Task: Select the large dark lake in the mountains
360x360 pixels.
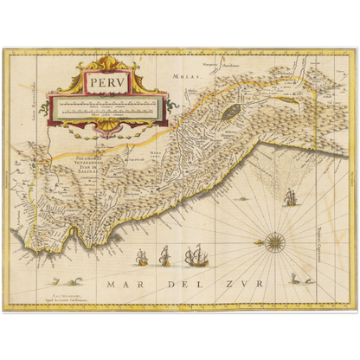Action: pyautogui.click(x=229, y=112)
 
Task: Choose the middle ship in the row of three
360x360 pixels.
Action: pyautogui.click(x=164, y=256)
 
